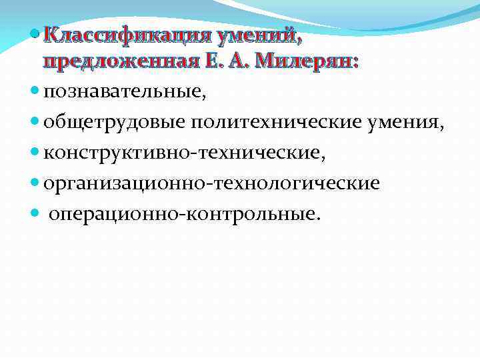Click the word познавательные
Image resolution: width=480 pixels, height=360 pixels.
pyautogui.click(x=125, y=93)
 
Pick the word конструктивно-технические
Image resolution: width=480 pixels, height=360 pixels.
pyautogui.click(x=185, y=153)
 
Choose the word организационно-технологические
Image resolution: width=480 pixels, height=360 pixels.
pyautogui.click(x=211, y=183)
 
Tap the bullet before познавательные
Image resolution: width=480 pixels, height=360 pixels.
pyautogui.click(x=35, y=93)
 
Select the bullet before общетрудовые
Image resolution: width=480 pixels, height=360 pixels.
pyautogui.click(x=35, y=123)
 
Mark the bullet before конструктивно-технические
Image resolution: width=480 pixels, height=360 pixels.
pyautogui.click(x=35, y=153)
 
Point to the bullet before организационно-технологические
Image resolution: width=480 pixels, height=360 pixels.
pyautogui.click(x=35, y=183)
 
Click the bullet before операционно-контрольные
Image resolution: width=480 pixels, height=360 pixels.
pyautogui.click(x=35, y=213)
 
